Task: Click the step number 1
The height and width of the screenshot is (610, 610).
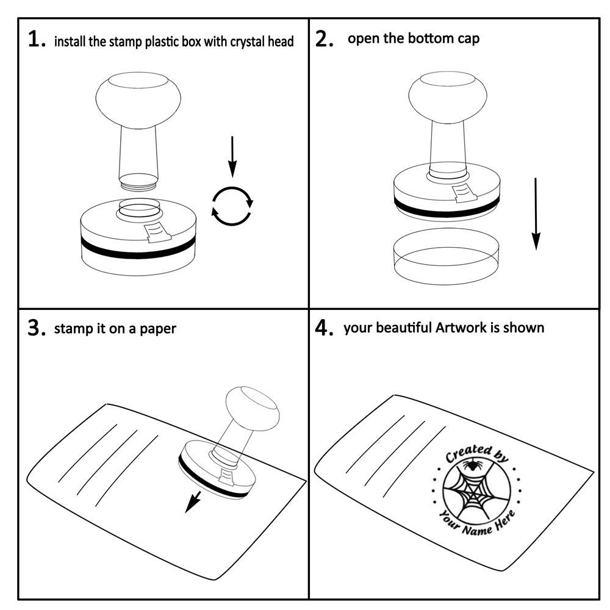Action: coord(36,40)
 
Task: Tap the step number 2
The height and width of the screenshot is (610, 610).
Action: coord(323,39)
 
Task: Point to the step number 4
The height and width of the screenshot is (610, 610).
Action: coord(323,328)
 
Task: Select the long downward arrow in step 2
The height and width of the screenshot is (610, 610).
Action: coord(536,213)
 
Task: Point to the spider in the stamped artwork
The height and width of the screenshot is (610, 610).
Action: coord(471,466)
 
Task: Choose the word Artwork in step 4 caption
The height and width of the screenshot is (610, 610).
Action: coord(459,328)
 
